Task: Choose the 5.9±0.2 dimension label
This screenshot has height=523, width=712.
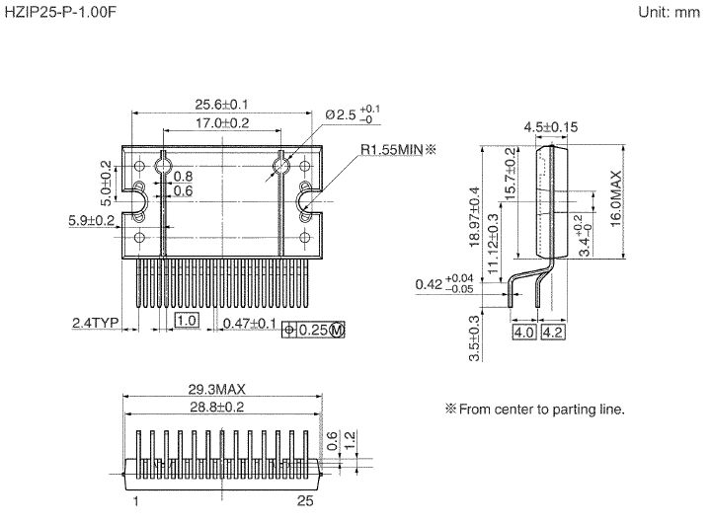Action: click(92, 219)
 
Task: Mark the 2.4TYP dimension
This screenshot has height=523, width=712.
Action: click(95, 323)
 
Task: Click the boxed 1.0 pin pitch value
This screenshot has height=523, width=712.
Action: click(187, 321)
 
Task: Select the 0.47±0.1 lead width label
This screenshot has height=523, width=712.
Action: click(249, 323)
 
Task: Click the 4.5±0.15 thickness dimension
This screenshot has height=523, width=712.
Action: click(550, 127)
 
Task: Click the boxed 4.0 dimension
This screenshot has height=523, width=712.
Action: click(523, 334)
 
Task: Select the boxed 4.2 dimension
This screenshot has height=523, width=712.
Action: click(553, 334)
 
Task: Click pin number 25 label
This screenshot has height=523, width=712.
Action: click(304, 502)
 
